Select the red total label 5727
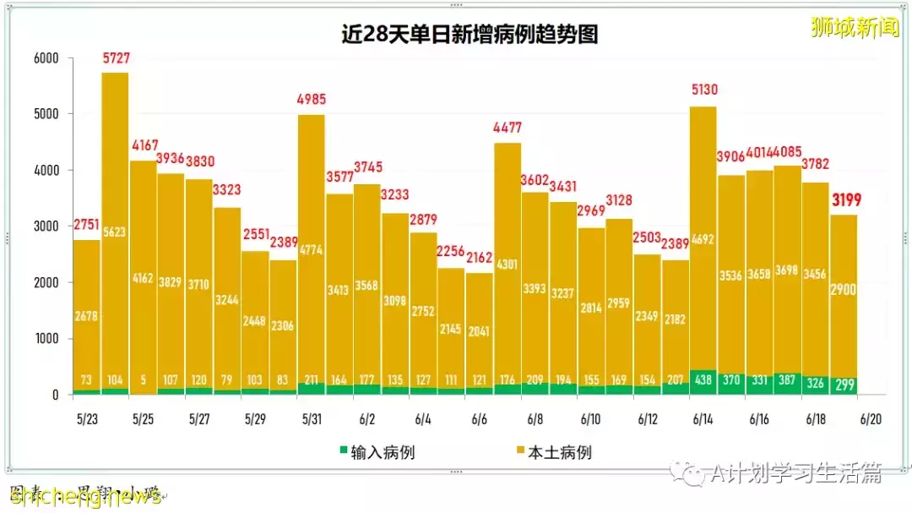point(116,58)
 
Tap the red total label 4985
point(311,99)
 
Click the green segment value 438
point(703,380)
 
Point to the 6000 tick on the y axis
point(46,58)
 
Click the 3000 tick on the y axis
point(46,226)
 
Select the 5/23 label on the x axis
point(88,418)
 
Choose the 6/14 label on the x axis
point(703,418)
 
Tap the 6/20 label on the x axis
point(871,418)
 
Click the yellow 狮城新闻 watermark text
point(855,27)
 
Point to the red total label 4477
point(508,128)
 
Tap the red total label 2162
point(480,256)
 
